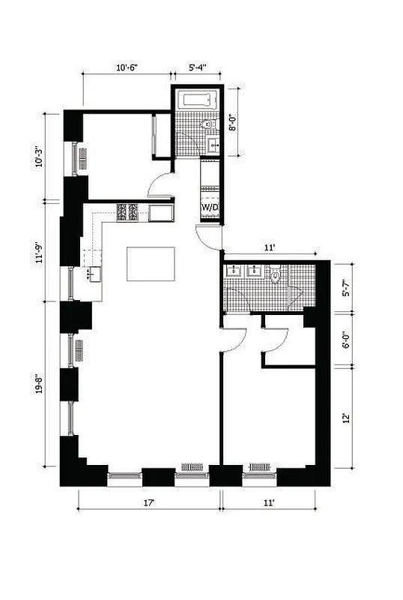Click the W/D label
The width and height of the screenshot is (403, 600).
click(x=209, y=208)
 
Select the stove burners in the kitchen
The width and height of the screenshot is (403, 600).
click(x=127, y=212)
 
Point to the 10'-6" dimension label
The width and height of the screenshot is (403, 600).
click(x=127, y=67)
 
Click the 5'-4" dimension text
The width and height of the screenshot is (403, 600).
click(x=196, y=67)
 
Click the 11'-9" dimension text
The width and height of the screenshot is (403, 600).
click(x=52, y=249)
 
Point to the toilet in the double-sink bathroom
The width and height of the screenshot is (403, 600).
click(x=276, y=277)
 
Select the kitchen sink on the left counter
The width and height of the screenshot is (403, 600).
click(x=92, y=274)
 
